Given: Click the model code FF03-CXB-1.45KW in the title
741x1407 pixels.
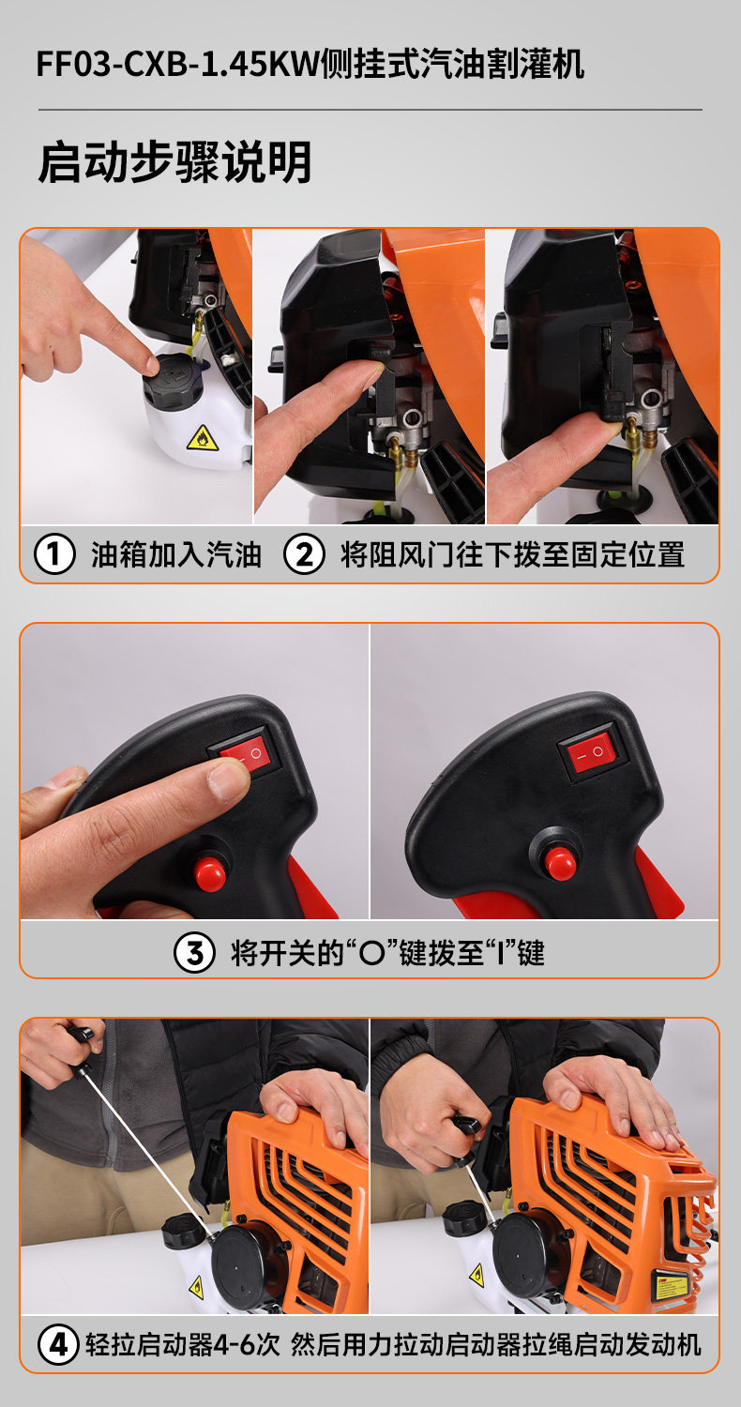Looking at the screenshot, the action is point(177,65).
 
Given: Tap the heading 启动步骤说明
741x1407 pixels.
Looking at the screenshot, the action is point(174,162).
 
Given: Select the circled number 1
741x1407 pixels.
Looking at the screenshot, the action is point(54,554).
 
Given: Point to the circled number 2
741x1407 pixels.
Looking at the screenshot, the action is point(304,554).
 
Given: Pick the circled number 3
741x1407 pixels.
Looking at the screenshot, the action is point(194,952).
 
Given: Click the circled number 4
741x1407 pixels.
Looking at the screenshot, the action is point(58,1345).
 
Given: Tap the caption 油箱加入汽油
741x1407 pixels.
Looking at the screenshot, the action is point(175,554).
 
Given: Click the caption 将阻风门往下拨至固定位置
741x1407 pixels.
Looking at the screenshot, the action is point(512,554).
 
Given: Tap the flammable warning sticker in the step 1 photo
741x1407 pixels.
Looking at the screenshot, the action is point(203,438).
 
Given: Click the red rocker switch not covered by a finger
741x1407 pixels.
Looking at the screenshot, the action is point(590,752).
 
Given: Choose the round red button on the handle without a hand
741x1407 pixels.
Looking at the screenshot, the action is point(560,863).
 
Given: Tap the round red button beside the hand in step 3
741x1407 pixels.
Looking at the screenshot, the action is point(210,871).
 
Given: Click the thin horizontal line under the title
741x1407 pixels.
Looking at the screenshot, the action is point(370,110).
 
